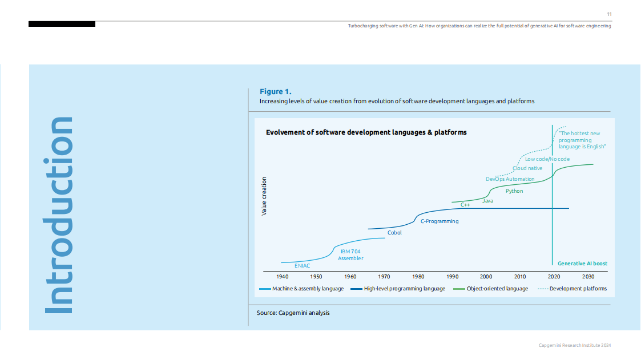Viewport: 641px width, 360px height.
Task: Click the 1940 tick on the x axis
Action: coord(282,277)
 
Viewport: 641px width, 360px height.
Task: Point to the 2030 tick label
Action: coord(588,277)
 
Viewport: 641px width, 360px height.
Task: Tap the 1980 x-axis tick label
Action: coord(418,277)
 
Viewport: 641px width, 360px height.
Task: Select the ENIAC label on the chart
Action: coord(303,266)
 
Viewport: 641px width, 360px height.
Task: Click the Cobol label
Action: coord(394,233)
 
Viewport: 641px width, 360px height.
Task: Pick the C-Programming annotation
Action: coord(439,221)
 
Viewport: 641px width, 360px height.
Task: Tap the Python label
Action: coord(514,191)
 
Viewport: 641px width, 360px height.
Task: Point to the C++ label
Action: coord(465,204)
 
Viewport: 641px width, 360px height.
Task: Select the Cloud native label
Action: coord(527,168)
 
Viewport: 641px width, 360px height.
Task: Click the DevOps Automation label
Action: coord(510,179)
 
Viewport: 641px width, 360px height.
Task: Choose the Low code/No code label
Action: coord(547,159)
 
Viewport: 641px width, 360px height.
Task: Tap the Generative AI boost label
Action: coord(582,264)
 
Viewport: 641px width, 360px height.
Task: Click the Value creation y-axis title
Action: coord(264,196)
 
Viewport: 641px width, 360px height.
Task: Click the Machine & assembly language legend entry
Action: coord(308,289)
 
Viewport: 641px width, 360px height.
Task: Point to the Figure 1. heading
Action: coord(276,91)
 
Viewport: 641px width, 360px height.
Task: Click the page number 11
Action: coord(609,14)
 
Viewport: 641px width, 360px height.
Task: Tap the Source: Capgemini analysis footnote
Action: coord(293,313)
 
